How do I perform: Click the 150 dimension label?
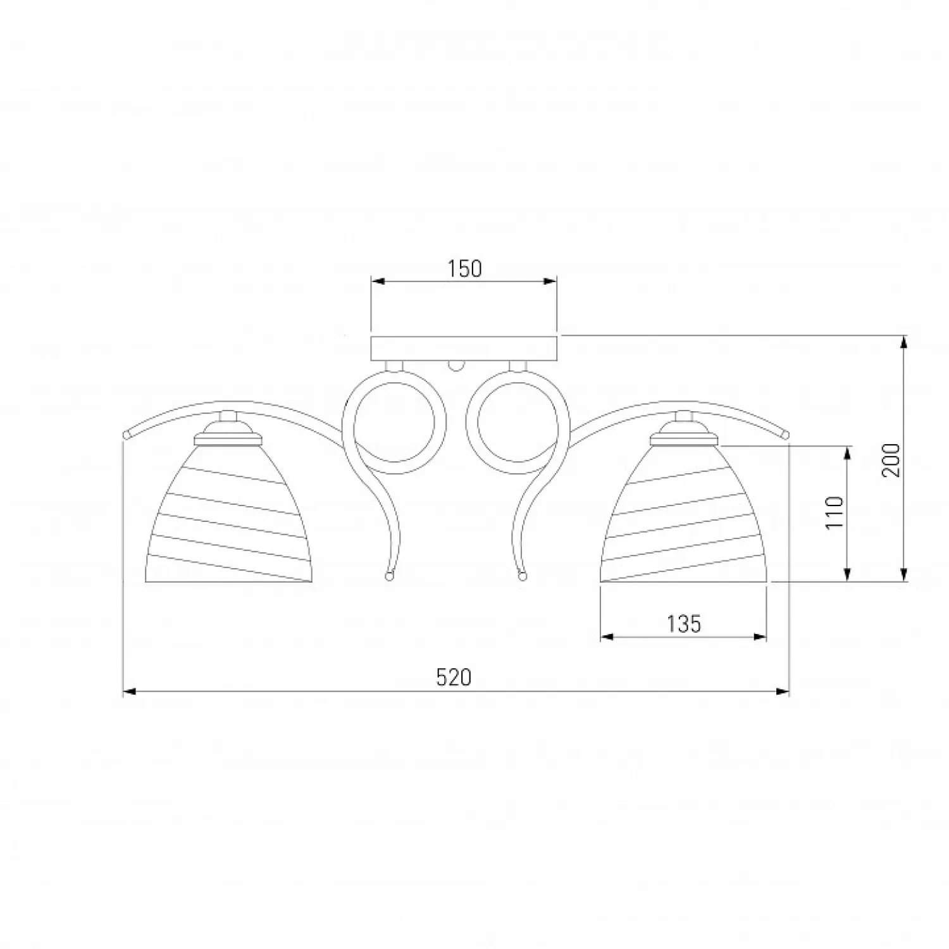465,269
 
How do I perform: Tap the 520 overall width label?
454,678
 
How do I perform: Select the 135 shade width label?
684,624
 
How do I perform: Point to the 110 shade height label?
836,512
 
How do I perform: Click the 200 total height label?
891,460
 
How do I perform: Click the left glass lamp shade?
232,512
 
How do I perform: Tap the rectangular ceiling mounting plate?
464,349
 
